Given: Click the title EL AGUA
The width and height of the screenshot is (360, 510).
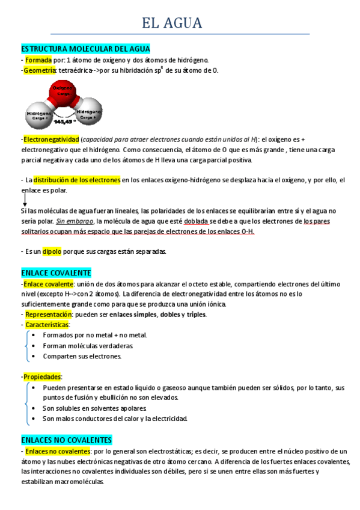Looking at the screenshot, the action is (x=172, y=23).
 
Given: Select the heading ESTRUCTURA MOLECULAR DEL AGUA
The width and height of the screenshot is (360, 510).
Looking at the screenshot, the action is (x=85, y=48).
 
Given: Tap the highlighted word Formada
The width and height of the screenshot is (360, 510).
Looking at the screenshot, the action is (x=38, y=60).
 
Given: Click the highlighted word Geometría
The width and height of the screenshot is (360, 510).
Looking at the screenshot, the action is (x=40, y=70).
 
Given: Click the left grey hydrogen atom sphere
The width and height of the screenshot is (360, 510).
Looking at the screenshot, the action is (x=38, y=114).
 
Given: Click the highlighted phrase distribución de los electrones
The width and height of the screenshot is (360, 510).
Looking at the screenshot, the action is (x=77, y=180).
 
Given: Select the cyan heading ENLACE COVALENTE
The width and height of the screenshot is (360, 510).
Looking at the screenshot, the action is (x=55, y=272).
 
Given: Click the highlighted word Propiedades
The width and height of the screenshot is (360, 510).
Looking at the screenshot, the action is (x=43, y=376).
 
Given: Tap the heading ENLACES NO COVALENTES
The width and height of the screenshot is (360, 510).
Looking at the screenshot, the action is (x=66, y=440).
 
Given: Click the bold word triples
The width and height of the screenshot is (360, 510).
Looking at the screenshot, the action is (x=197, y=314).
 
